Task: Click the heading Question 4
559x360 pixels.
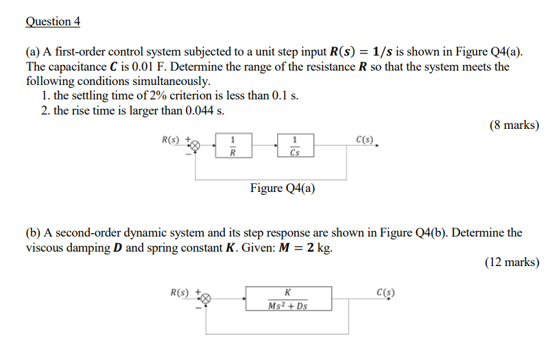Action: (53, 21)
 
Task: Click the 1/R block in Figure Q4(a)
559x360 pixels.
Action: (233, 146)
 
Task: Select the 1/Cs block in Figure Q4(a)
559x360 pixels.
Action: (295, 146)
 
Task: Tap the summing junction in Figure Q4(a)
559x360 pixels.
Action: (195, 146)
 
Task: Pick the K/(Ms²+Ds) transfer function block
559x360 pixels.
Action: (288, 299)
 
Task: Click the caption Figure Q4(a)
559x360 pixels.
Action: (283, 189)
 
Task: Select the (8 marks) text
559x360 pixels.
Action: (514, 125)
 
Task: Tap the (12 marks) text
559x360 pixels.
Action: (512, 262)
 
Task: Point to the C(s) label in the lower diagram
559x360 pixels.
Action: (385, 293)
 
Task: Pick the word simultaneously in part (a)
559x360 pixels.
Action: (167, 81)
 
